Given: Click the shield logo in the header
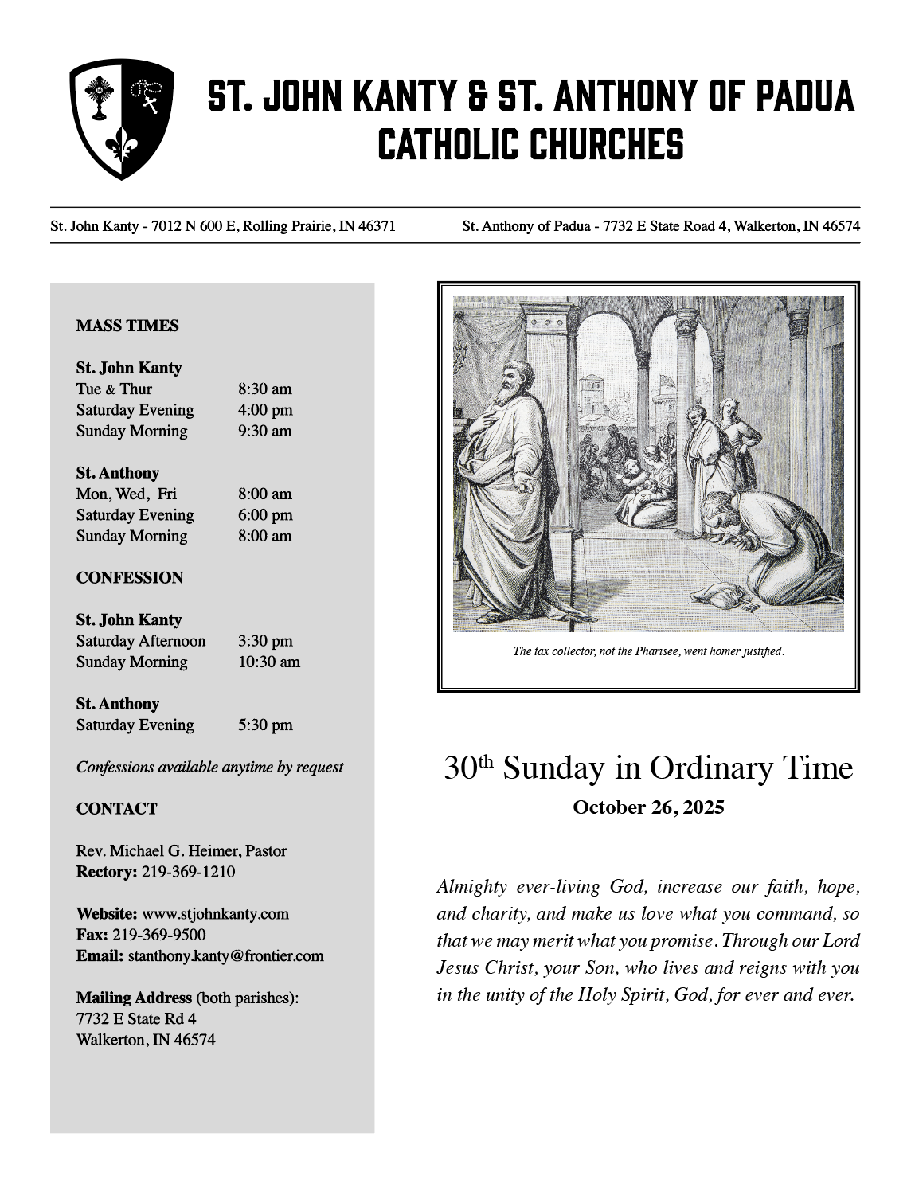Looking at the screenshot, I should coord(121,119).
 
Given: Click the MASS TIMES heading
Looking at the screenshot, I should coord(127,326).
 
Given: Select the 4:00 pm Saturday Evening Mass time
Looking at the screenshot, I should coord(264,410).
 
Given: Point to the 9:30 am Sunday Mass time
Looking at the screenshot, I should coord(264,431).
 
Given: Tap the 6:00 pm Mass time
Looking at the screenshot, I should coord(264,515).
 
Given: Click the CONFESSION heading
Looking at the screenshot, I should coord(130,578).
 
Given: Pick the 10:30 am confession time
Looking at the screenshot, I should coord(268,662).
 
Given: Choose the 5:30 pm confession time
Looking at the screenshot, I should coord(264,725).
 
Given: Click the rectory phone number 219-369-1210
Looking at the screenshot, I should coord(189,872).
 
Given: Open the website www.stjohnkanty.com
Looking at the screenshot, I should coord(215,914).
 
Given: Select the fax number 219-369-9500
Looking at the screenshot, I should coord(158,935).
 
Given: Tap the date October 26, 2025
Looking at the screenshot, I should coord(648,807).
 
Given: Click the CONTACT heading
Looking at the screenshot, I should coord(117,809).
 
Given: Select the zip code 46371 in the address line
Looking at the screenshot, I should coord(377,226).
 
